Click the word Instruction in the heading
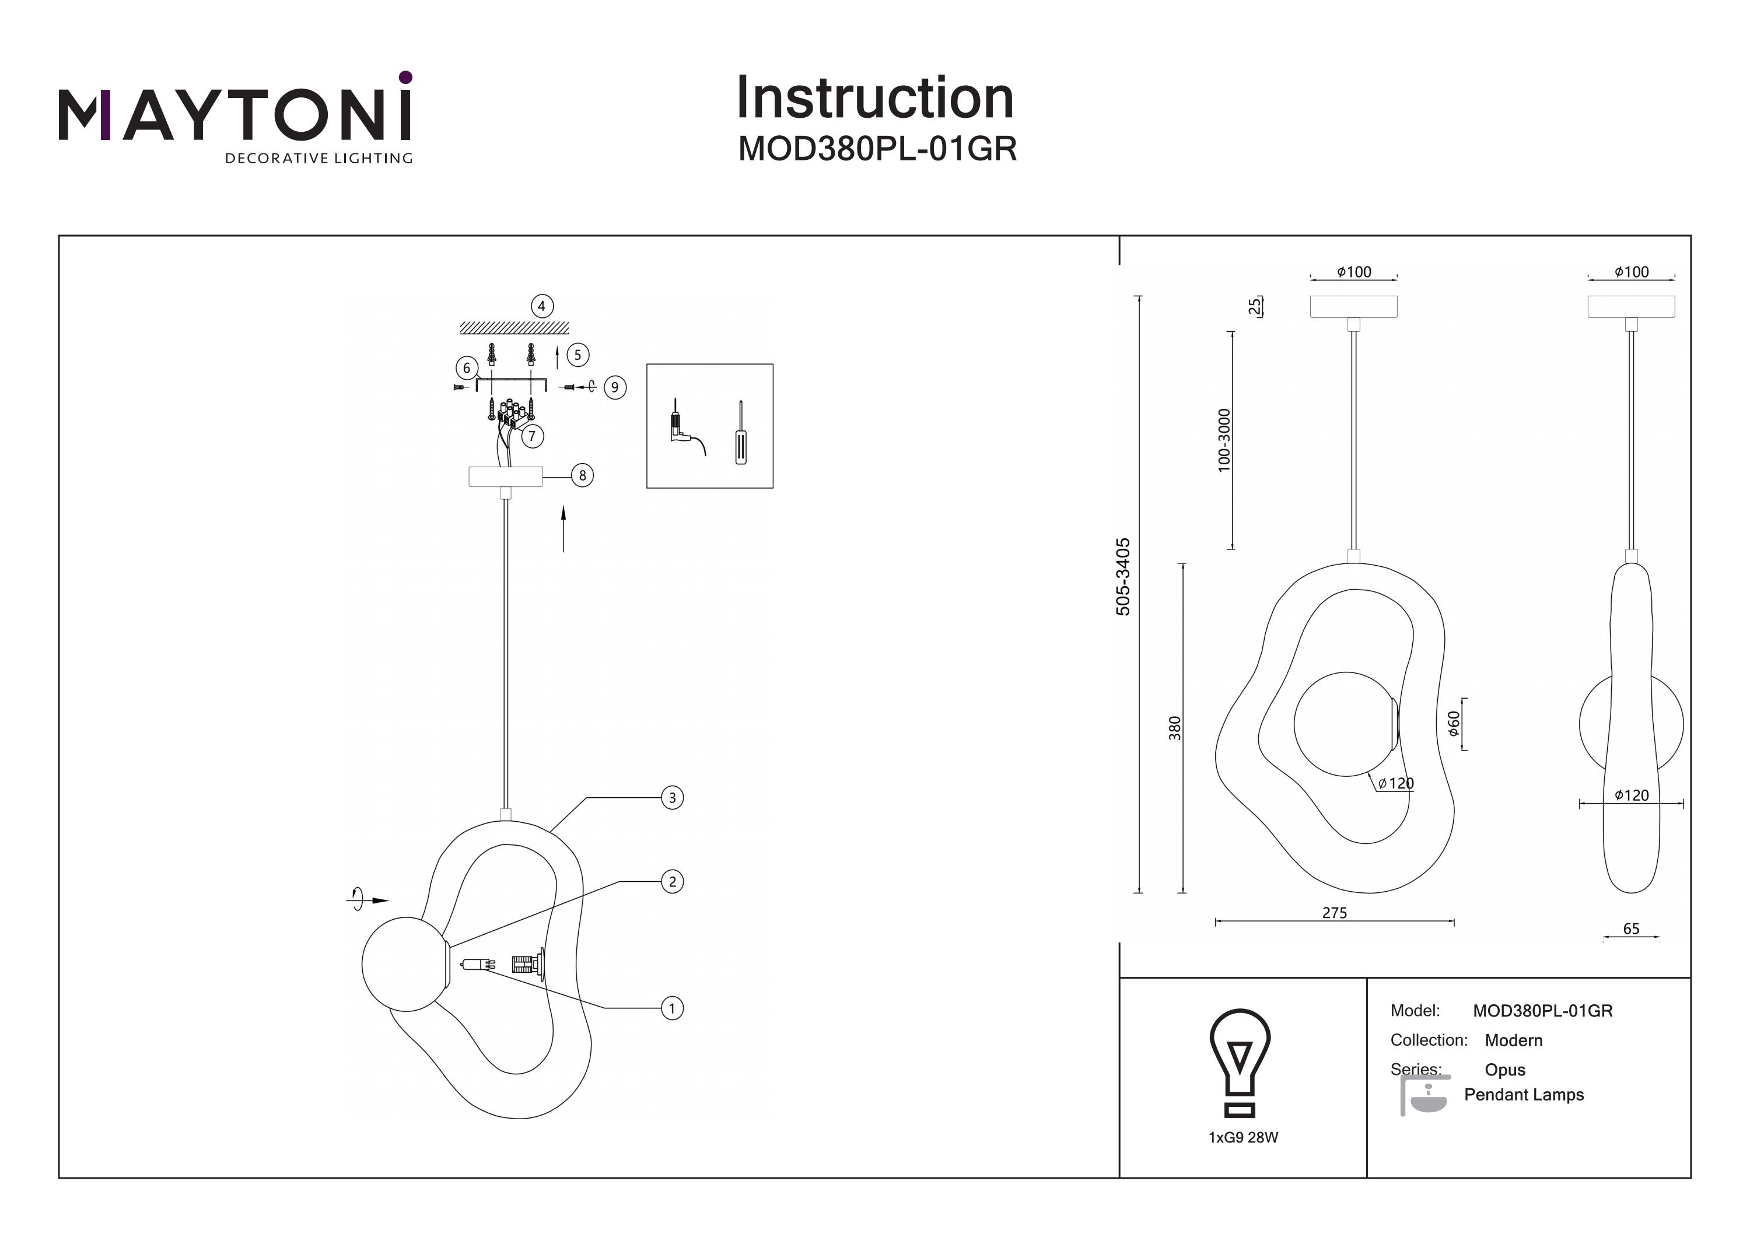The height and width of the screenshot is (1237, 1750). [x=875, y=99]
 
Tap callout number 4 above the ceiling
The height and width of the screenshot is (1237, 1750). [x=541, y=306]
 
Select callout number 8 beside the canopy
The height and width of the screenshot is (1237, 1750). [x=582, y=475]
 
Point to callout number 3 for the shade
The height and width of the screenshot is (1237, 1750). [x=671, y=798]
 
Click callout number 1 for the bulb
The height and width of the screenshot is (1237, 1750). [x=671, y=1008]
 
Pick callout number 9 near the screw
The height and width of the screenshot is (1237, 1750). [x=615, y=387]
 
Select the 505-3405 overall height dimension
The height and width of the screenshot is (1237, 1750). [x=1123, y=577]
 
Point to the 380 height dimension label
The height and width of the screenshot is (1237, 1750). [x=1175, y=728]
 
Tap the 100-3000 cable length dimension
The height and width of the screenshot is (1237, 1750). [x=1224, y=440]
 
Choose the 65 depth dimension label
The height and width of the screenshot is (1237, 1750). [x=1631, y=929]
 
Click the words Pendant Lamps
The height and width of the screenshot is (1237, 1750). [x=1524, y=1095]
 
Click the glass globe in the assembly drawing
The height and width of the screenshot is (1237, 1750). [x=403, y=964]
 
